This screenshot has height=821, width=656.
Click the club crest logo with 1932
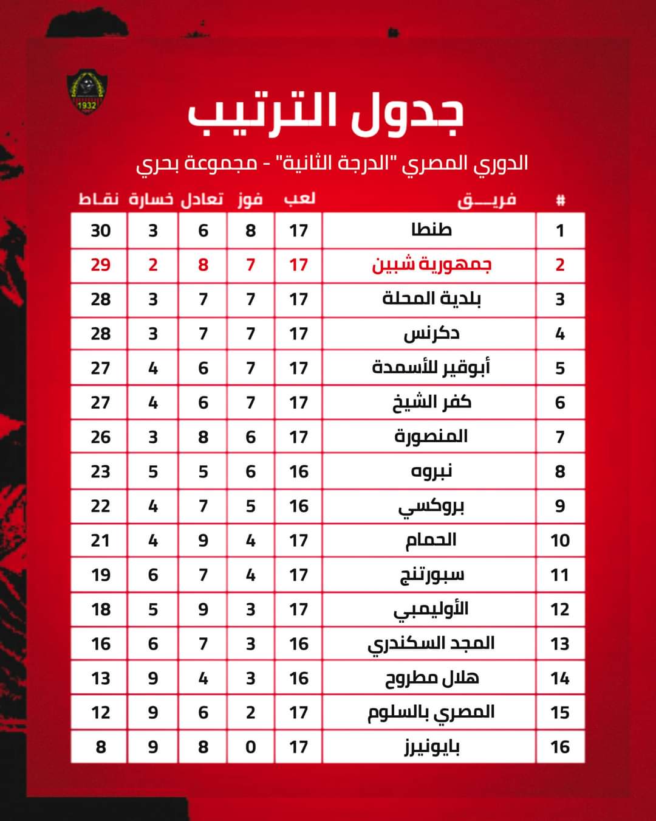point(86,92)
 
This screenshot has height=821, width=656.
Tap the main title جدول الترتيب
point(326,114)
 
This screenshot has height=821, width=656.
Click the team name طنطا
point(431,230)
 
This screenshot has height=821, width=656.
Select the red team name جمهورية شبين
point(431,265)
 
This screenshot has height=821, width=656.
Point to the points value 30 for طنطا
point(100,230)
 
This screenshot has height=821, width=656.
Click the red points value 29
point(100,265)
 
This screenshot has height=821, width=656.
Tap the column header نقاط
point(98,199)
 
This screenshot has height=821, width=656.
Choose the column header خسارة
point(151,199)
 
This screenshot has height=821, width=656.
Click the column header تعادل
point(202,199)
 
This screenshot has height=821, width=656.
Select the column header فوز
point(250,199)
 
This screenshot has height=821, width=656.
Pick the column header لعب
point(299,199)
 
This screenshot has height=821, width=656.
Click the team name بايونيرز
point(432,747)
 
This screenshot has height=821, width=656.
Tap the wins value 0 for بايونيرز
point(250,747)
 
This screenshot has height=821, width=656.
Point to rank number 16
point(559,747)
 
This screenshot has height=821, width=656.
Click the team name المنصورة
point(431,437)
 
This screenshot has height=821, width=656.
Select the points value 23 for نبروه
point(100,471)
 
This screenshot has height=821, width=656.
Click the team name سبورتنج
point(431,575)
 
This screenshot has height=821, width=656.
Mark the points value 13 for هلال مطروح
point(100,678)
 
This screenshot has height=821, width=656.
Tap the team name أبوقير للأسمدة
point(431,368)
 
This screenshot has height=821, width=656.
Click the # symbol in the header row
point(560,200)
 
